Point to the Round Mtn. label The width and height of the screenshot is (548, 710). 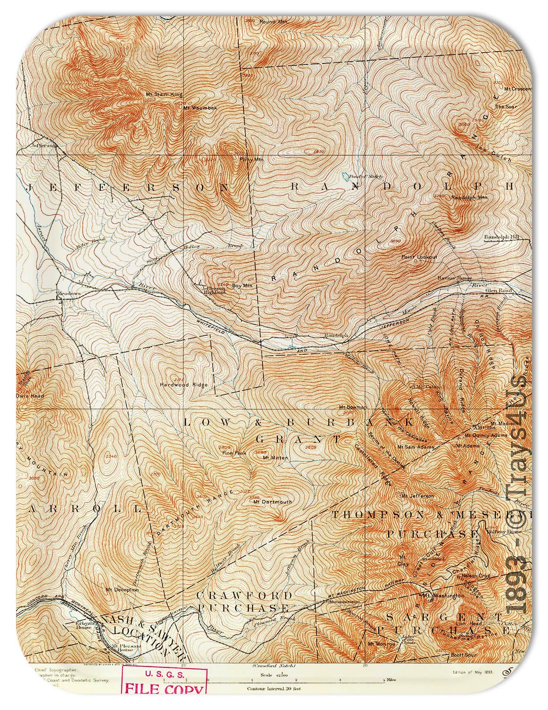273,22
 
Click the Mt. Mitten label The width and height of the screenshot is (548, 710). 272,458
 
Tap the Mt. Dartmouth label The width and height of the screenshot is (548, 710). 273,501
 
